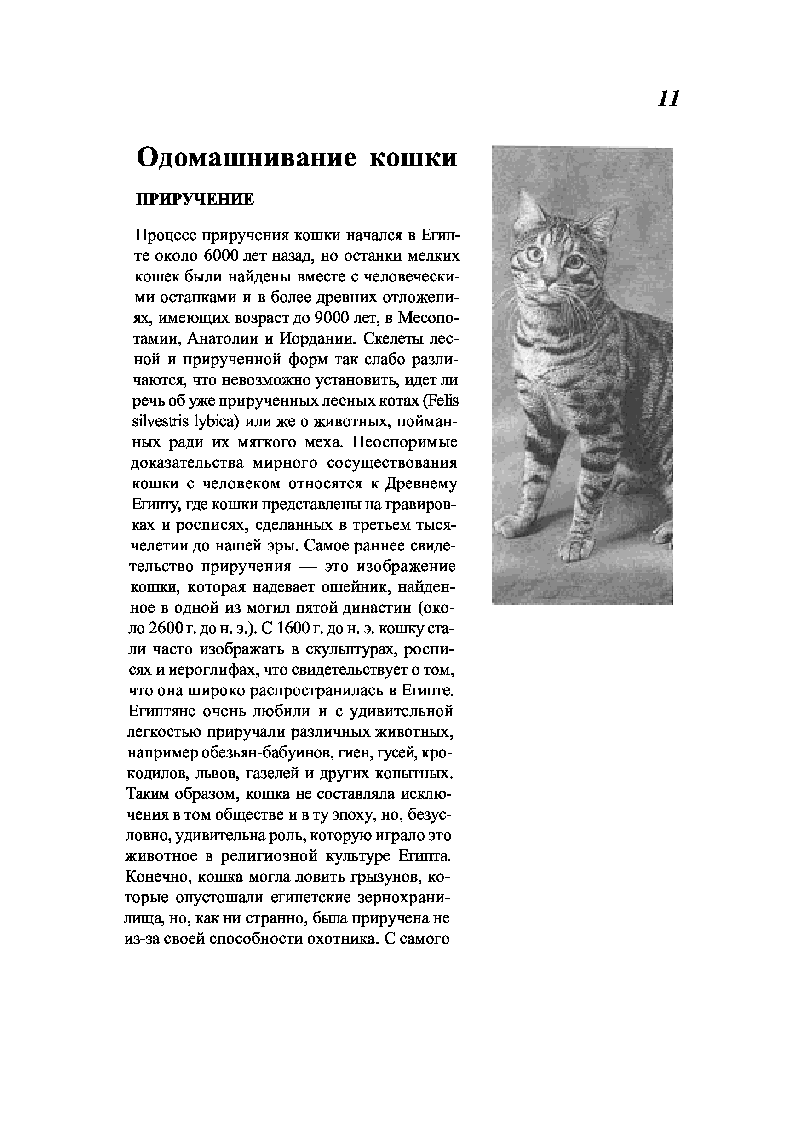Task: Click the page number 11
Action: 668,99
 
